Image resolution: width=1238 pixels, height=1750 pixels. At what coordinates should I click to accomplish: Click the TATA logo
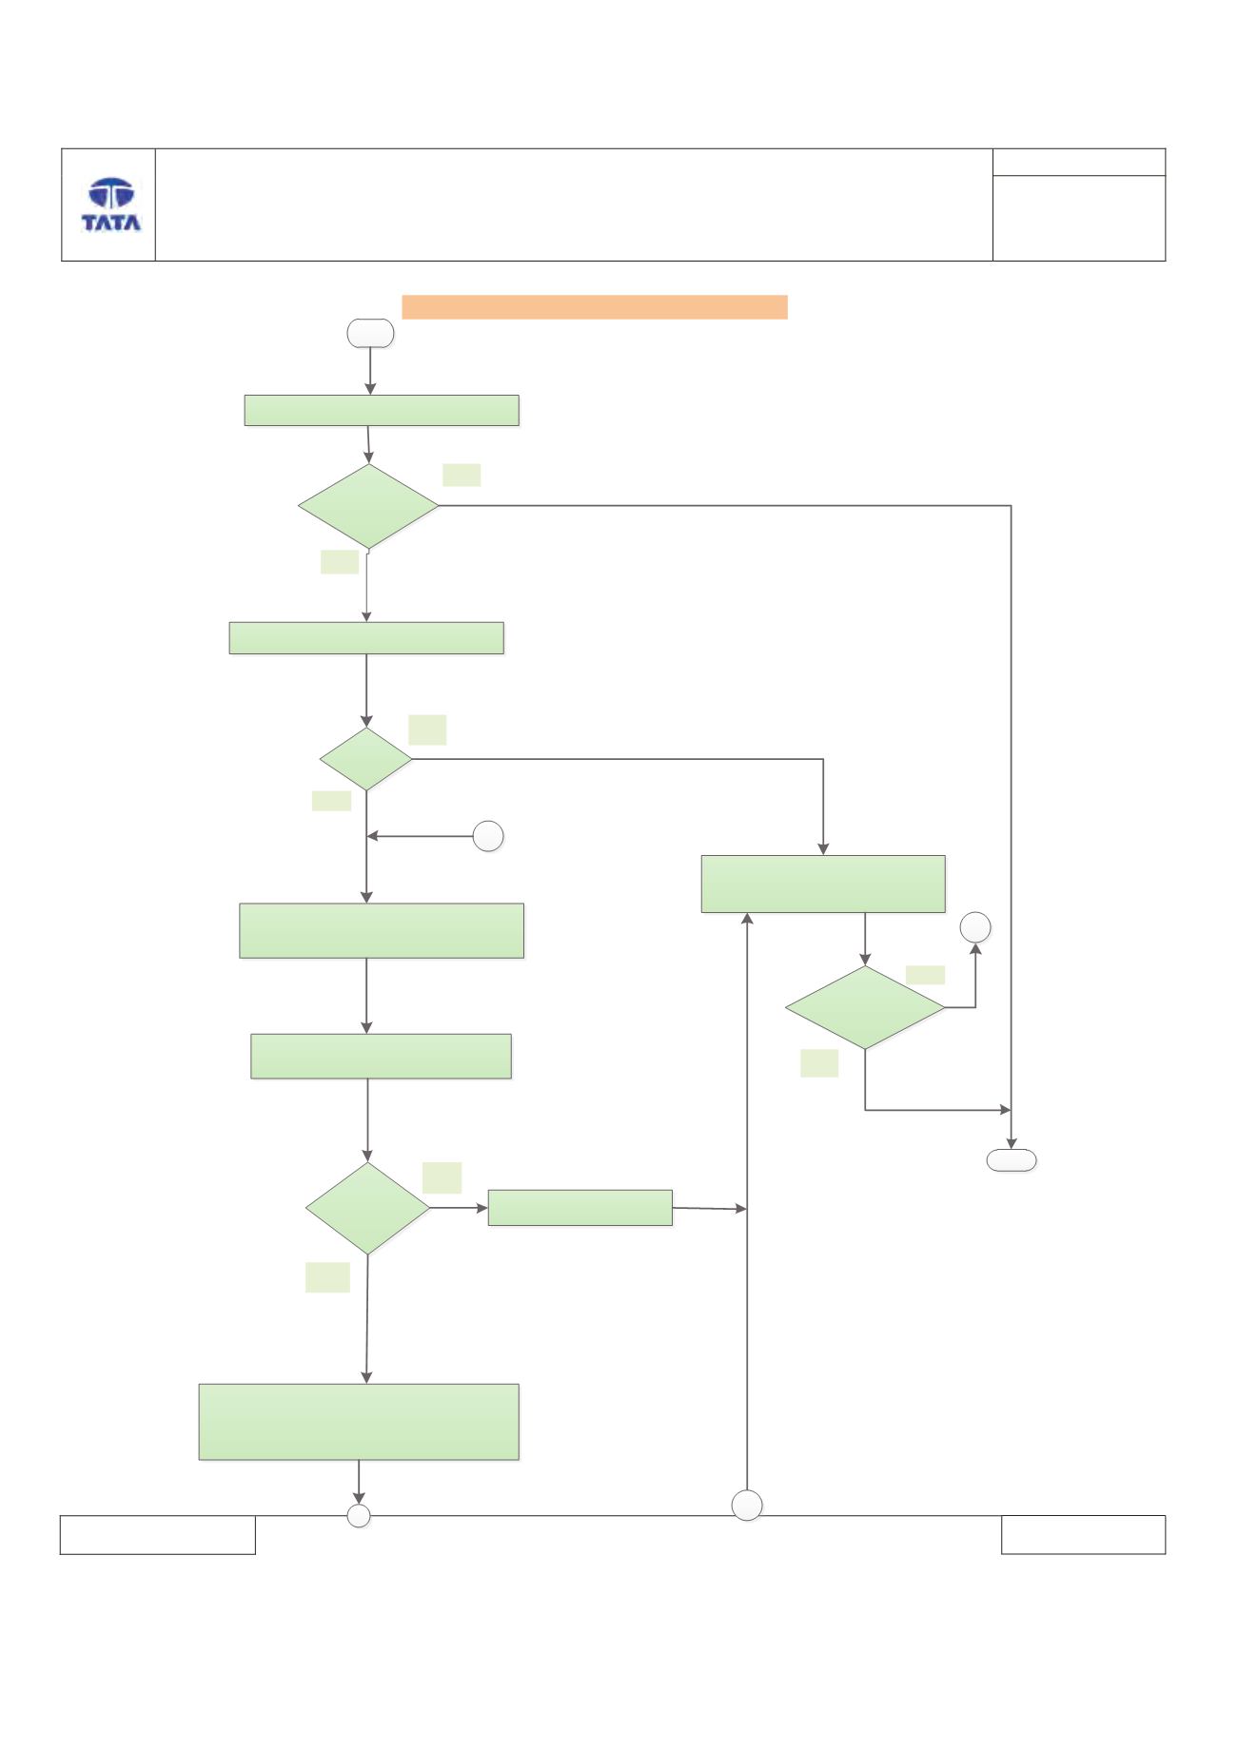[111, 204]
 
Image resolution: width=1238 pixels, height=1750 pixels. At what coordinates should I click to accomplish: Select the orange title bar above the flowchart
[595, 307]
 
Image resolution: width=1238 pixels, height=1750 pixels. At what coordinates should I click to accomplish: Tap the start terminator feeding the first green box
[370, 333]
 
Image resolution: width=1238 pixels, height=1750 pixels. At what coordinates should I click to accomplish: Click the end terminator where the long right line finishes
[1011, 1159]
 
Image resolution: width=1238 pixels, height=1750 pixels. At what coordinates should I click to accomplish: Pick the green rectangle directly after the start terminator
[382, 410]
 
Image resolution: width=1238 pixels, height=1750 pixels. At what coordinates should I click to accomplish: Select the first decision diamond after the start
[368, 506]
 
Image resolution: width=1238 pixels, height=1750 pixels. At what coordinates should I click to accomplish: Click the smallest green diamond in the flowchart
[366, 759]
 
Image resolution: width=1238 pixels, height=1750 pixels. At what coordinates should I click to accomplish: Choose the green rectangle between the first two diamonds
[366, 638]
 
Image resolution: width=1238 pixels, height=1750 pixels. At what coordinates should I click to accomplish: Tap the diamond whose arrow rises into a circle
[865, 1008]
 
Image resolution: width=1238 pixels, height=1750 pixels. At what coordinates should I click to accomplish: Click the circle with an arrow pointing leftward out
[488, 837]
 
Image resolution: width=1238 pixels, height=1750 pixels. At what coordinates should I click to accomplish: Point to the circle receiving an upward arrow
[975, 927]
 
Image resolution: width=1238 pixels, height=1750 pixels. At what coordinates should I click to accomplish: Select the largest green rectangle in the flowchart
[359, 1422]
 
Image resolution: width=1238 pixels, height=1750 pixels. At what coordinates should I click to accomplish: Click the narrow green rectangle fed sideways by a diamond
[580, 1208]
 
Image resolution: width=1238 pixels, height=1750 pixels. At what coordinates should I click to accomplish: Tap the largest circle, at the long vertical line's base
[747, 1506]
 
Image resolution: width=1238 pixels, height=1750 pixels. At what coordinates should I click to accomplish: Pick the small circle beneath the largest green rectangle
[359, 1516]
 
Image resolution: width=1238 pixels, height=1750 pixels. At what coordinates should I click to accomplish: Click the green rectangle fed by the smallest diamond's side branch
[823, 884]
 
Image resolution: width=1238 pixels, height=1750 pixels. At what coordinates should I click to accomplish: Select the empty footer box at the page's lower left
[158, 1535]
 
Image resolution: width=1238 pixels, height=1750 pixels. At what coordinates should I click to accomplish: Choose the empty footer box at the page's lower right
[1083, 1535]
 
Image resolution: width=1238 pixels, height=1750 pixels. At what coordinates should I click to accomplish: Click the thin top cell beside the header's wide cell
[1079, 162]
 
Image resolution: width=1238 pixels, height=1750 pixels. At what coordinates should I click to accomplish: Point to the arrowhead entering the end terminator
[1011, 1142]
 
